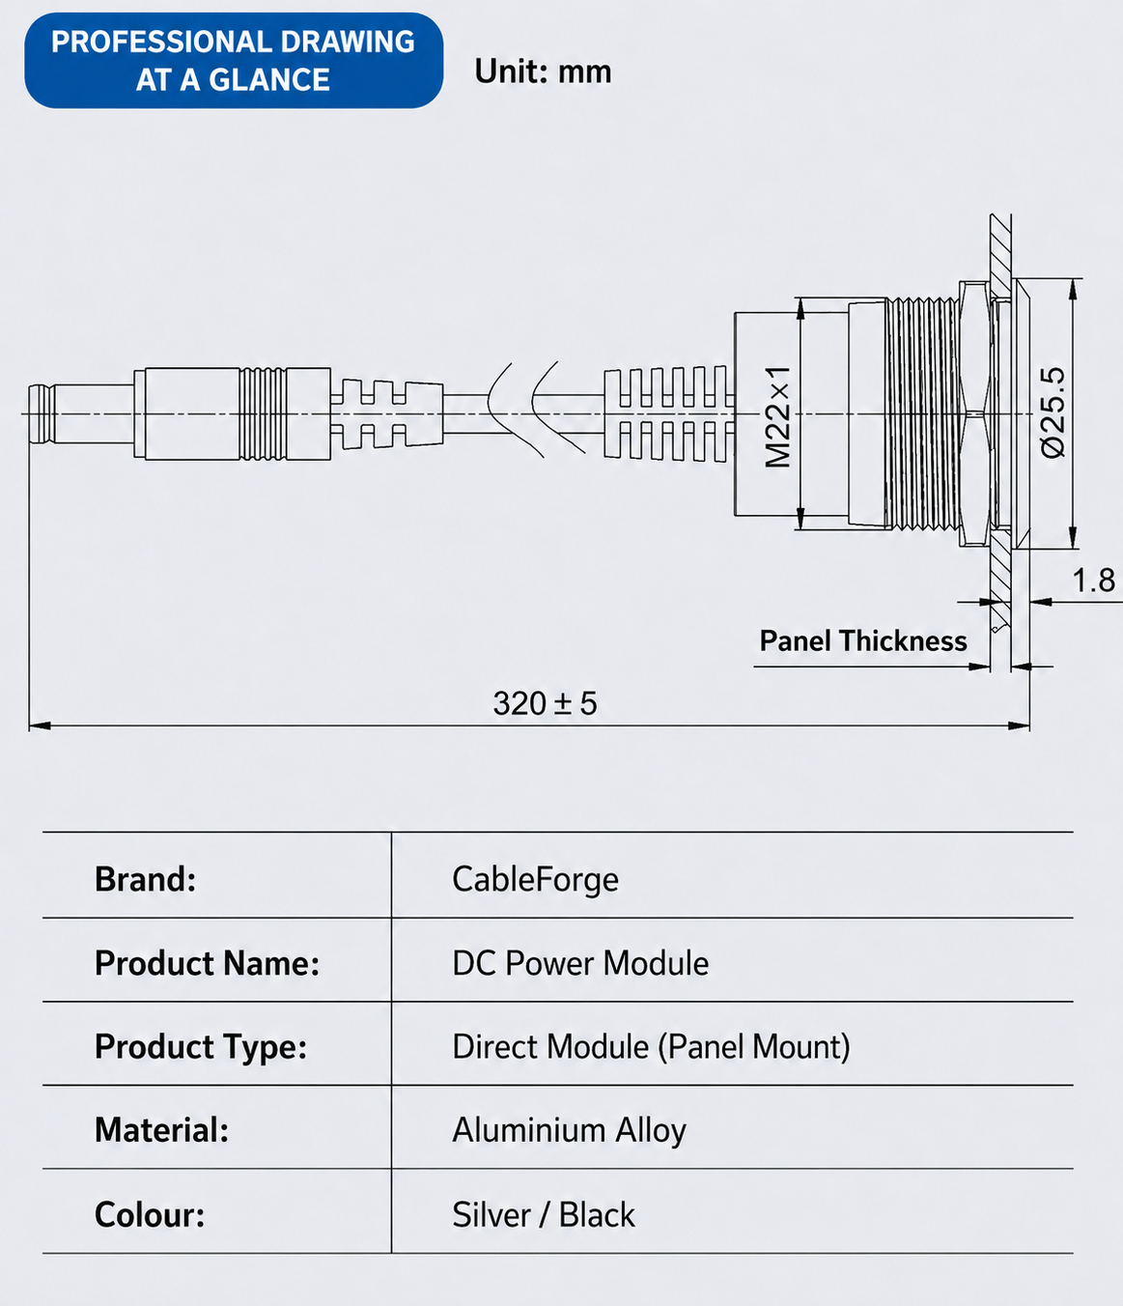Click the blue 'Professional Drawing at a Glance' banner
(234, 61)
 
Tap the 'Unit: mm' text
(543, 71)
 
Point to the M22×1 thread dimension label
(777, 416)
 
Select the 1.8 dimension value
(1094, 580)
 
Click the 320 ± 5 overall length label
(545, 703)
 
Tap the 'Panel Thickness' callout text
(863, 640)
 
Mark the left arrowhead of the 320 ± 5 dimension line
(40, 725)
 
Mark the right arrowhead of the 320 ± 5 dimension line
(1019, 725)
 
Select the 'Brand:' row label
(145, 879)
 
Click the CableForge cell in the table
(535, 879)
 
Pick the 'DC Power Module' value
(580, 963)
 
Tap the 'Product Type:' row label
(201, 1047)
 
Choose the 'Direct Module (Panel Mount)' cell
(651, 1047)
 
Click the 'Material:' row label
(161, 1130)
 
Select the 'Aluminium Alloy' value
(569, 1131)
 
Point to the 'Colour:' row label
(150, 1214)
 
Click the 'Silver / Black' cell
(544, 1214)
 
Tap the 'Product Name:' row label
(208, 963)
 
